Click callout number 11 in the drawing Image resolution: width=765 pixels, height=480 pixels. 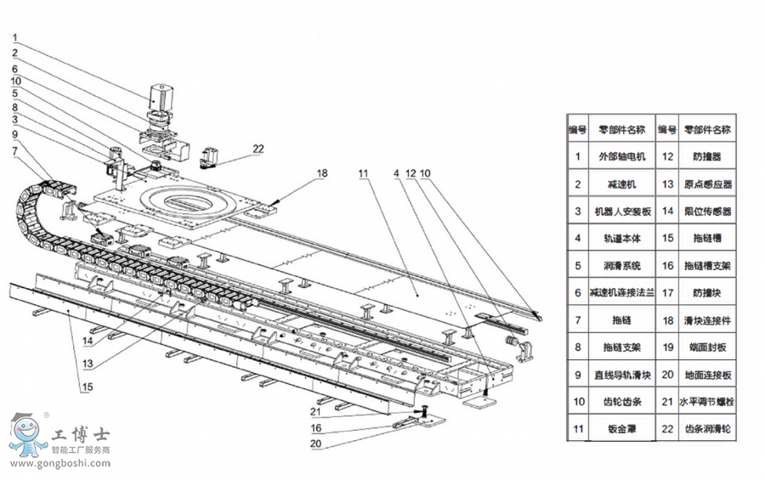point(363,173)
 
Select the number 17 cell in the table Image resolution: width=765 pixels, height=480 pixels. point(667,292)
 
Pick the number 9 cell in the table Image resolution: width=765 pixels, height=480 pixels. point(577,375)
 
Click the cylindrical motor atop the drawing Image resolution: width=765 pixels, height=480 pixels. point(162,98)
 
